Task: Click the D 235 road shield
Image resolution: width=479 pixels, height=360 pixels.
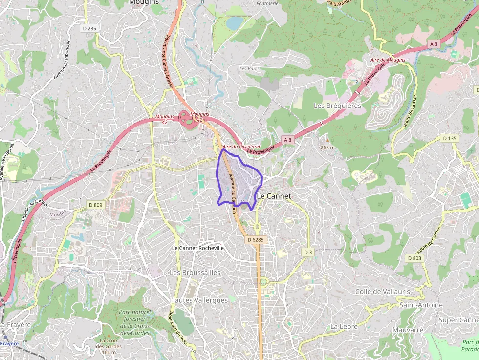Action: [89, 29]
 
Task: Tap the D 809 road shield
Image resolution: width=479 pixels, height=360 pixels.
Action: [95, 205]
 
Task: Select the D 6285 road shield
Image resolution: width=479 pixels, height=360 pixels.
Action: [255, 240]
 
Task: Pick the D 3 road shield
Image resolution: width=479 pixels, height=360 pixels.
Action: [307, 252]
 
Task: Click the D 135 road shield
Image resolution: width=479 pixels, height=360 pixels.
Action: [450, 139]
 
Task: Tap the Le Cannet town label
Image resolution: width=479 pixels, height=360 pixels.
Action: [274, 196]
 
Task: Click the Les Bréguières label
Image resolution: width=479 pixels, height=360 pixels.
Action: [337, 106]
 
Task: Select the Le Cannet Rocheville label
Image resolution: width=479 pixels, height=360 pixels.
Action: [198, 248]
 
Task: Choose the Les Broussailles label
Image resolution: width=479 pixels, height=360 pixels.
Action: [195, 272]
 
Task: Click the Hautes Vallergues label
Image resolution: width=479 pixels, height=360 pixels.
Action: [199, 300]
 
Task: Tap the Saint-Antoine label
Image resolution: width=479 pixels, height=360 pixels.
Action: [421, 305]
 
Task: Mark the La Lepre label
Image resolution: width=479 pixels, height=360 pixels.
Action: [345, 326]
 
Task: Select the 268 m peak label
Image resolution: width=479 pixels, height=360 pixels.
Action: [327, 148]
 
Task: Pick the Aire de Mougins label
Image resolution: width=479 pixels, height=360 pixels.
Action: [388, 60]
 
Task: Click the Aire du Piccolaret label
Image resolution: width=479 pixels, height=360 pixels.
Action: [241, 147]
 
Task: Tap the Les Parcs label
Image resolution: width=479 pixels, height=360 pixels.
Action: [249, 69]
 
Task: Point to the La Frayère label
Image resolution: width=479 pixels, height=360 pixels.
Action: [16, 324]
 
